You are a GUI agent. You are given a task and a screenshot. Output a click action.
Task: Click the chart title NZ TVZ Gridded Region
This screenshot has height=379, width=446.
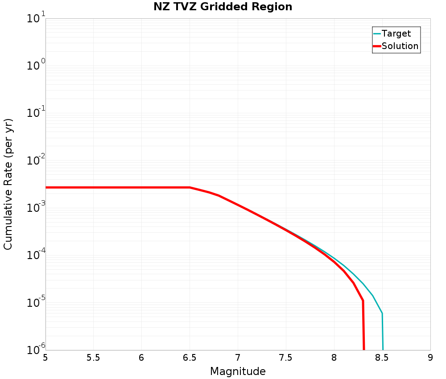coord(223,7)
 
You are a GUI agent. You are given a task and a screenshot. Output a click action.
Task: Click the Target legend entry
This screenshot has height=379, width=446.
coord(396,33)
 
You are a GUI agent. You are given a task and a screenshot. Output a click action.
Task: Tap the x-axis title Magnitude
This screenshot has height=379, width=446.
coord(238,371)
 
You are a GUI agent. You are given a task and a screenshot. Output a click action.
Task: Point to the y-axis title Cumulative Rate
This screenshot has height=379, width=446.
coord(8,184)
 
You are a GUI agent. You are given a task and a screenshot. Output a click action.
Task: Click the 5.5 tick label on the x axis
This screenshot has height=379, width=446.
coord(93,358)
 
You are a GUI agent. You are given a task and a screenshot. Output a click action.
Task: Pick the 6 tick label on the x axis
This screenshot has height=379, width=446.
coord(141,358)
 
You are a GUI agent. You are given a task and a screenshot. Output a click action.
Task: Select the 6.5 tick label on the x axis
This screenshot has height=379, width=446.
coord(190,358)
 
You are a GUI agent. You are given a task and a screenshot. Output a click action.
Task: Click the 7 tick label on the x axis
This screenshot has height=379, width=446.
coord(238,358)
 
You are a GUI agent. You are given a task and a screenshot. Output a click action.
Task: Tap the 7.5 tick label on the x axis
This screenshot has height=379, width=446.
coord(286,358)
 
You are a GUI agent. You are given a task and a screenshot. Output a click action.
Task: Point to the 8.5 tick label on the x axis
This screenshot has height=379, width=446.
coord(382,358)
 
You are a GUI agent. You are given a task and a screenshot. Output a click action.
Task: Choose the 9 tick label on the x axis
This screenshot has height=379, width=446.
coord(430,358)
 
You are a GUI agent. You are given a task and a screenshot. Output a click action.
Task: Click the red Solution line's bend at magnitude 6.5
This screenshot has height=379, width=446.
coord(190,187)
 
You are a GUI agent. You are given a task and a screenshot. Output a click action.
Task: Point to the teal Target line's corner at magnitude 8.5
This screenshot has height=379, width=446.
coord(382,313)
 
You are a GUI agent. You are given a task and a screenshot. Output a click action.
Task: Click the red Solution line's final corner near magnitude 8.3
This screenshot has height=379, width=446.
coord(363,301)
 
